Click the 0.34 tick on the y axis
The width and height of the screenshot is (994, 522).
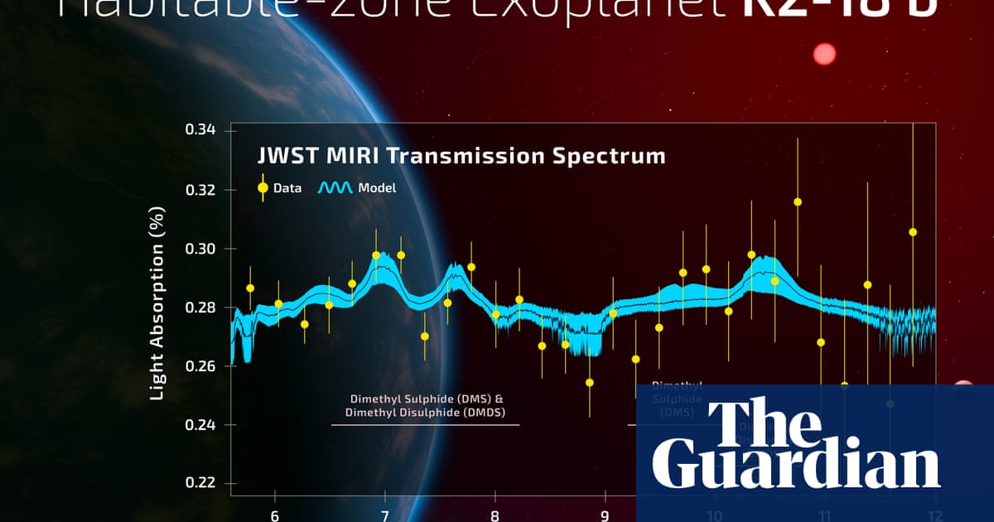[x=200, y=130]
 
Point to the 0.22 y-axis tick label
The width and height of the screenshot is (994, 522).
[x=200, y=483]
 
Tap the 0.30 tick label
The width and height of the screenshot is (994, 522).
[x=200, y=249]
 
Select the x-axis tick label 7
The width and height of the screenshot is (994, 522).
[x=384, y=515]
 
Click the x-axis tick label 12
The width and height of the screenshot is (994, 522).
[x=934, y=515]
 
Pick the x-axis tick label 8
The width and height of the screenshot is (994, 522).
[x=495, y=515]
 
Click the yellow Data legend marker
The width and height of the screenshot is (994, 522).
[x=263, y=187]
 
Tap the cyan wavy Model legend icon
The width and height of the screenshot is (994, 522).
[x=335, y=188]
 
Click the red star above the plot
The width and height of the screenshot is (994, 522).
[x=824, y=55]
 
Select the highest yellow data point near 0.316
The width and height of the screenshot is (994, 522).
[x=798, y=201]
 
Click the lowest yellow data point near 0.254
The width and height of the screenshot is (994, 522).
[x=590, y=383]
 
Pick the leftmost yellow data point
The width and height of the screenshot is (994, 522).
[x=250, y=288]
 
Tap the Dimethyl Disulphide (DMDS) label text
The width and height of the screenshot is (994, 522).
[x=426, y=412]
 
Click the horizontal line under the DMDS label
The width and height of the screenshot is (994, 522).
[x=426, y=425]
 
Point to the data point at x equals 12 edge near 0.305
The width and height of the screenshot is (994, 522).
[x=913, y=232]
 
